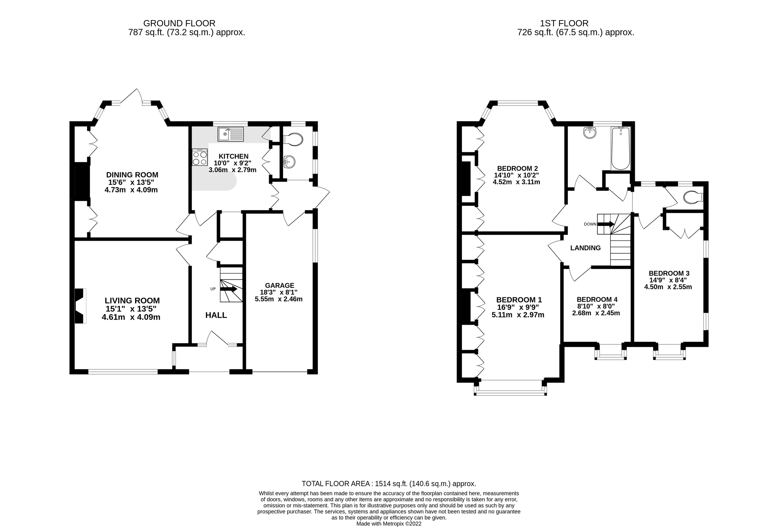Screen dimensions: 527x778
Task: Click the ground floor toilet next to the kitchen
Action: pyautogui.click(x=293, y=139)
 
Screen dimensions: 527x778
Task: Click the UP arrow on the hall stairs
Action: pyautogui.click(x=229, y=289)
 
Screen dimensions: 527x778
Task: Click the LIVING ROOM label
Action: pyautogui.click(x=132, y=301)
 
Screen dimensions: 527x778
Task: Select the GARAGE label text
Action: pyautogui.click(x=279, y=285)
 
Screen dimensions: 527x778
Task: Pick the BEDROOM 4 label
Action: pyautogui.click(x=597, y=300)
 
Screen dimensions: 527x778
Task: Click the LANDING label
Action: pyautogui.click(x=585, y=248)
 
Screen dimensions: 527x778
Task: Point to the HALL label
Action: pyautogui.click(x=216, y=315)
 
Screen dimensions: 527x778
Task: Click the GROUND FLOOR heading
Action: pyautogui.click(x=179, y=23)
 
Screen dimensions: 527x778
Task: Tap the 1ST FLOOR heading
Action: pyautogui.click(x=564, y=23)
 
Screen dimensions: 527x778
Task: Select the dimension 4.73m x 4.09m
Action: pyautogui.click(x=131, y=190)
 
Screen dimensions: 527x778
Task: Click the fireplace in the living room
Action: pyautogui.click(x=79, y=306)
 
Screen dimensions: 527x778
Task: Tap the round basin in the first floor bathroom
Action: pyautogui.click(x=590, y=133)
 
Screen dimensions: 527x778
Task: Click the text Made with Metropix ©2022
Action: pyautogui.click(x=388, y=524)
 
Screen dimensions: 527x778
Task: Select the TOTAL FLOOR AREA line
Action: pyautogui.click(x=389, y=484)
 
